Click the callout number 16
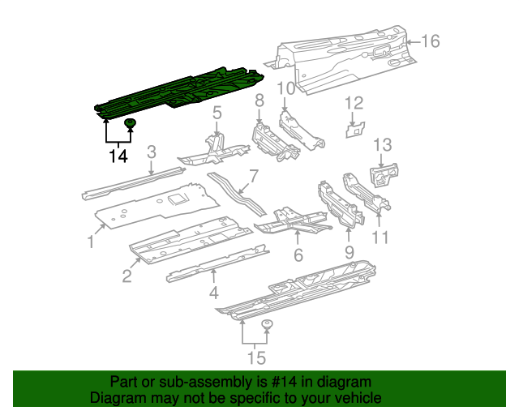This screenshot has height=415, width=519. [430, 41]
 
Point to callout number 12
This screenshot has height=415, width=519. [355, 103]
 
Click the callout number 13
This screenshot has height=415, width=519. [382, 145]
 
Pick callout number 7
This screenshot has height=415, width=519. [253, 175]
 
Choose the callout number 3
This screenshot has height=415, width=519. [152, 152]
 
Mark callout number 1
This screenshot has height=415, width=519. [92, 242]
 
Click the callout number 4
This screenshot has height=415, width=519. [214, 292]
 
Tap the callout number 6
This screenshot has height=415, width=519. [298, 255]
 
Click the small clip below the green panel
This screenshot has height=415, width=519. [130, 124]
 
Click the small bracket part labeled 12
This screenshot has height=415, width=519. [355, 129]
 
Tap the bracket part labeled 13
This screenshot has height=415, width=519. [384, 173]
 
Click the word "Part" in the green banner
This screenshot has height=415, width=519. [124, 382]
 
